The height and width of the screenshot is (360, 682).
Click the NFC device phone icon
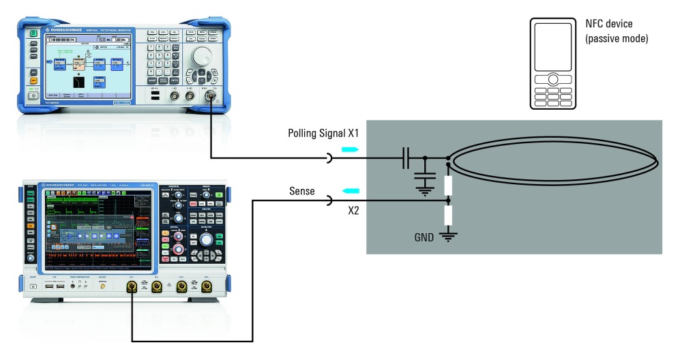553,63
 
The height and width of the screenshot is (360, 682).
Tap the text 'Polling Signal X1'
324,133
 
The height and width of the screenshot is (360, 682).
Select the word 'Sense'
301,192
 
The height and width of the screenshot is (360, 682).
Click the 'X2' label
354,211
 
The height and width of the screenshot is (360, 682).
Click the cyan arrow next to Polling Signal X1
349,149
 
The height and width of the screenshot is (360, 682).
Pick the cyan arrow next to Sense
349,191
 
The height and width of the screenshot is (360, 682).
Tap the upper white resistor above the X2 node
448,184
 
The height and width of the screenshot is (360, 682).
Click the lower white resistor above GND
448,217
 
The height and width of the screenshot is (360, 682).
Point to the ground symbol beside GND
448,237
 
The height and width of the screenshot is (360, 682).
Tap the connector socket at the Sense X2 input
330,201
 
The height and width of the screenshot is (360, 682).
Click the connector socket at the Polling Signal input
330,159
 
